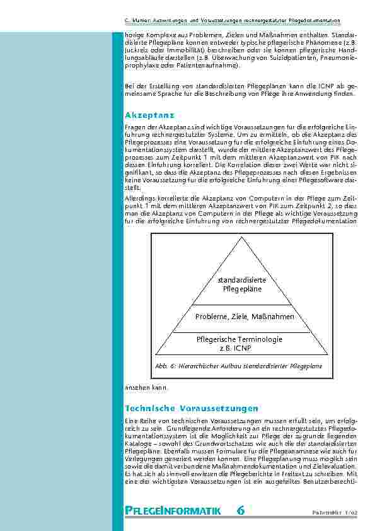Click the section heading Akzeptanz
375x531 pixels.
[149, 116]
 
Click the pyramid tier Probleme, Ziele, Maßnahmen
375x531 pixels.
[245, 316]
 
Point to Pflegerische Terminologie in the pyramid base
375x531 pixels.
[239, 339]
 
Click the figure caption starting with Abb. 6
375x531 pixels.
[238, 366]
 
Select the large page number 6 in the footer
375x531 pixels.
[241, 510]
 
